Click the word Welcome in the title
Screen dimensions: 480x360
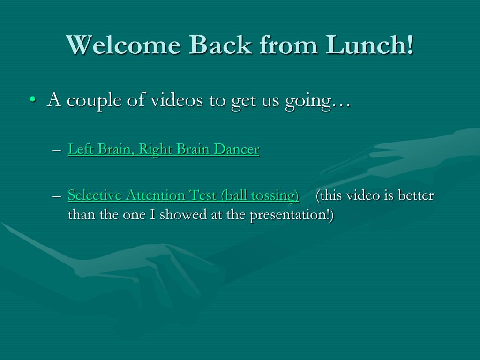click(123, 45)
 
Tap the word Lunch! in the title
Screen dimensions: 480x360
click(369, 45)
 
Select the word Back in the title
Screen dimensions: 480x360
click(220, 45)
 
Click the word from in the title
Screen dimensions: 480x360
click(288, 45)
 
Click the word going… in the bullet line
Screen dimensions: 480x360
click(318, 102)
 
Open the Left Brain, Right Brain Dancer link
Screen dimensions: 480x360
click(164, 150)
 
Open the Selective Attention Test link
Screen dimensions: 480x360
click(183, 195)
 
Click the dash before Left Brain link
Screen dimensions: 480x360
click(57, 150)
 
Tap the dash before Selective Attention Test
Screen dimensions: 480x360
click(57, 196)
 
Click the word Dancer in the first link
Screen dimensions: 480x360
click(237, 149)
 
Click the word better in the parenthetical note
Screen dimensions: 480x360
click(416, 195)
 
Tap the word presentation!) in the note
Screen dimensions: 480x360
click(292, 215)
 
